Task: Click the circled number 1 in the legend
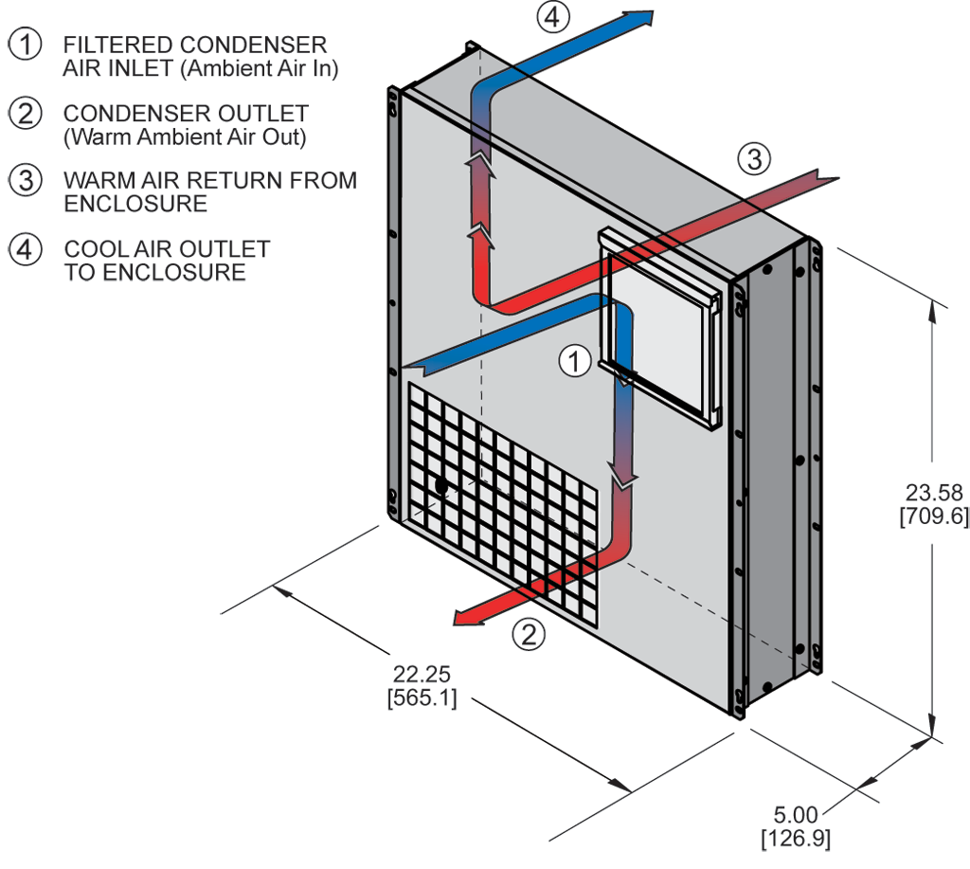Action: click(27, 44)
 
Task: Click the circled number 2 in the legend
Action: click(27, 114)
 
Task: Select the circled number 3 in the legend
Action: click(27, 180)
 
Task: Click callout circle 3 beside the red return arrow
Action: click(753, 160)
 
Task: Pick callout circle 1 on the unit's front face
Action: click(575, 360)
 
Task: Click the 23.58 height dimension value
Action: click(933, 493)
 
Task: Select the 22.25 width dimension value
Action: click(422, 675)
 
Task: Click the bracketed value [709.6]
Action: click(933, 516)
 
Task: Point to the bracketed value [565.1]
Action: click(422, 698)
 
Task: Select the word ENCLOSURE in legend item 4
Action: click(174, 273)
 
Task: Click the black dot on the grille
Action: click(440, 485)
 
